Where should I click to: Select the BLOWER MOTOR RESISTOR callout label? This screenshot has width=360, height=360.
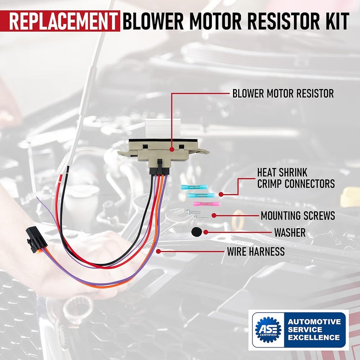point(283,94)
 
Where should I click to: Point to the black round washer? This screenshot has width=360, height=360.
point(196,232)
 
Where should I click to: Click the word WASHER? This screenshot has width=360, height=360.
point(290,233)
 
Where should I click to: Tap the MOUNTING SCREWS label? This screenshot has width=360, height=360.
point(298,216)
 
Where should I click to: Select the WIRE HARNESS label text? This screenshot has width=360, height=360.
point(256,251)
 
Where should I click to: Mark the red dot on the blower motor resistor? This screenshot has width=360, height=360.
point(171,148)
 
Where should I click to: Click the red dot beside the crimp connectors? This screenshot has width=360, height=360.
point(221,194)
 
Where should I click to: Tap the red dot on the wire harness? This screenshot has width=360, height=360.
point(158,251)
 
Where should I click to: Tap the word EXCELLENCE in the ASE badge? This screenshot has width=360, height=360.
point(314,337)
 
